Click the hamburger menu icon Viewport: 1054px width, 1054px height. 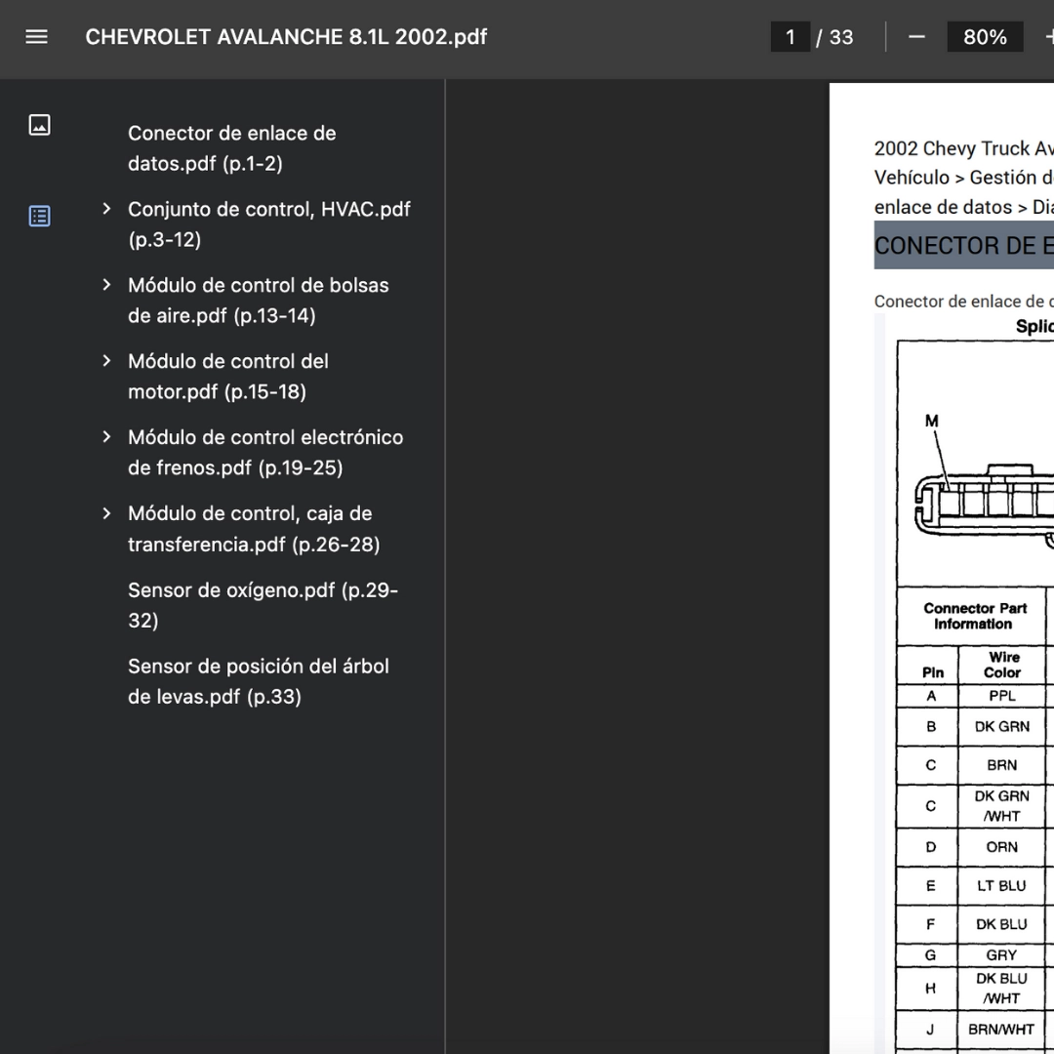tap(37, 37)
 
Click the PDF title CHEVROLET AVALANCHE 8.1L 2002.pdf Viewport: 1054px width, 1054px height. tap(286, 37)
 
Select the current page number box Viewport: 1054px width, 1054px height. tap(790, 37)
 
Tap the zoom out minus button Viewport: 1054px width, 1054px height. tap(916, 37)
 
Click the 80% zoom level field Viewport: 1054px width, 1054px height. tap(985, 37)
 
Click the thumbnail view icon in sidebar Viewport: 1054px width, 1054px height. tap(40, 125)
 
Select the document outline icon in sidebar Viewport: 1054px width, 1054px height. tap(40, 216)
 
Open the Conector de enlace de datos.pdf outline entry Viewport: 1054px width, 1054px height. tap(232, 148)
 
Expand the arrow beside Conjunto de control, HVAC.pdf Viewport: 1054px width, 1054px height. tap(106, 209)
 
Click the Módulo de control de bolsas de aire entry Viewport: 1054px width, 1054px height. tap(258, 301)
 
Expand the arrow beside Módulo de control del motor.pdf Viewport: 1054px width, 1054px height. tap(106, 361)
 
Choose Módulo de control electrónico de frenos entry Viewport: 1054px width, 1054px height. tap(264, 453)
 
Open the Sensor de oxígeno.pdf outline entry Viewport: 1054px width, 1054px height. tap(263, 605)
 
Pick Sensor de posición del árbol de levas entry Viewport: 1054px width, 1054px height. tap(258, 681)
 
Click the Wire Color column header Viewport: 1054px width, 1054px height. tap(1002, 665)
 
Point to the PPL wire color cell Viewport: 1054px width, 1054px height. tap(1002, 696)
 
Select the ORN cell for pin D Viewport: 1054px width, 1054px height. tap(1002, 847)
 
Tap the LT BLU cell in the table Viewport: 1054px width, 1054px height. tap(1002, 886)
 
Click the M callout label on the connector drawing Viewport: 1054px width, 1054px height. tap(932, 422)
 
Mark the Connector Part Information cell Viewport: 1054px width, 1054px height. tap(974, 616)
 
